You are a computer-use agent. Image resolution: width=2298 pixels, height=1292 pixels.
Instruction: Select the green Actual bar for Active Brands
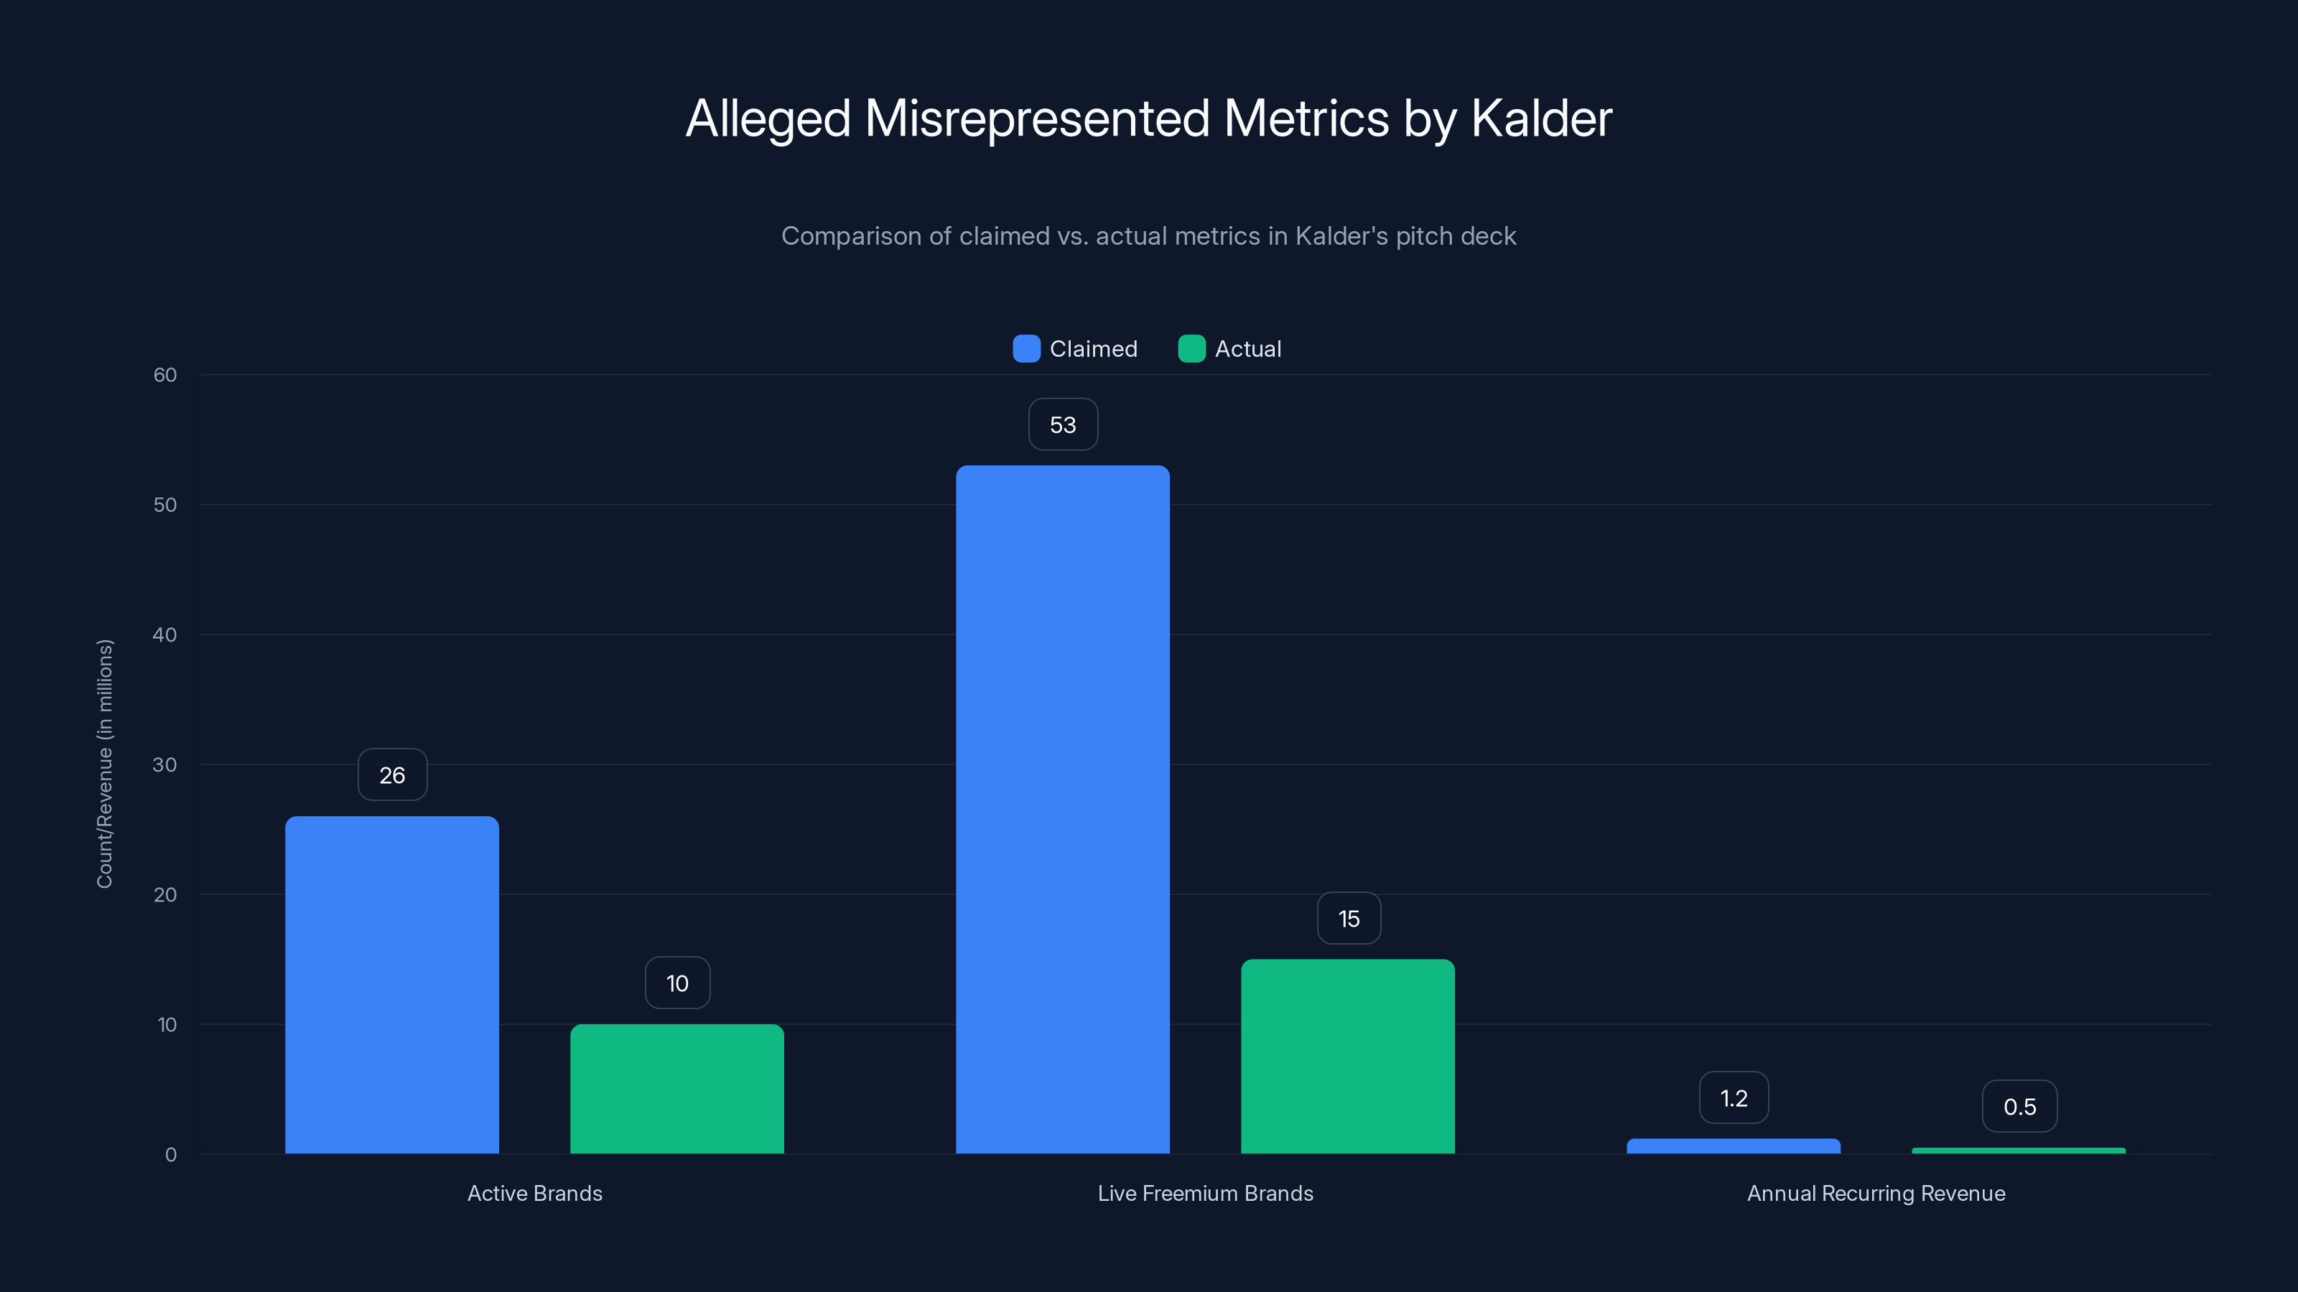[x=677, y=1089]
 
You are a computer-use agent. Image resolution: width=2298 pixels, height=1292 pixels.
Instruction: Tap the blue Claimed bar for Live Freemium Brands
[x=1063, y=809]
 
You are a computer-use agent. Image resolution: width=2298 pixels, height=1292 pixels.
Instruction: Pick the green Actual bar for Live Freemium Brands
[x=1348, y=1056]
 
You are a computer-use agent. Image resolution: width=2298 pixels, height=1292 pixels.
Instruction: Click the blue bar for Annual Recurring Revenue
[x=1734, y=1146]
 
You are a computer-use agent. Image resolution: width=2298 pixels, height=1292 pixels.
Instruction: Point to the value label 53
[x=1063, y=424]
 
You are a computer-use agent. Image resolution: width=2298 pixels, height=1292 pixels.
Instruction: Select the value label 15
[x=1349, y=919]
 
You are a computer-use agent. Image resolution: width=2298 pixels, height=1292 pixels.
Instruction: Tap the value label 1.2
[x=1734, y=1097]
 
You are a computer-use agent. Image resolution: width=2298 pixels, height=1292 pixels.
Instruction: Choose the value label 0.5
[x=2019, y=1107]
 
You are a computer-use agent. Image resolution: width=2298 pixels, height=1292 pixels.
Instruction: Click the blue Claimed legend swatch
[x=1026, y=349]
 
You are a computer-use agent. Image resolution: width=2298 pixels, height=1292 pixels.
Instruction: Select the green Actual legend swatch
[x=1191, y=349]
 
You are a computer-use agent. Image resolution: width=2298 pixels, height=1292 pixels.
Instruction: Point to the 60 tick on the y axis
[x=165, y=375]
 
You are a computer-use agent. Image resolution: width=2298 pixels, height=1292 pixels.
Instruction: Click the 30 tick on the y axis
[x=165, y=764]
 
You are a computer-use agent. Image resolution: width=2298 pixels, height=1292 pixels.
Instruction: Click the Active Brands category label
[x=534, y=1193]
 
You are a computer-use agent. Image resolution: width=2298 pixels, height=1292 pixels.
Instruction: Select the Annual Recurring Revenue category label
[x=1875, y=1193]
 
